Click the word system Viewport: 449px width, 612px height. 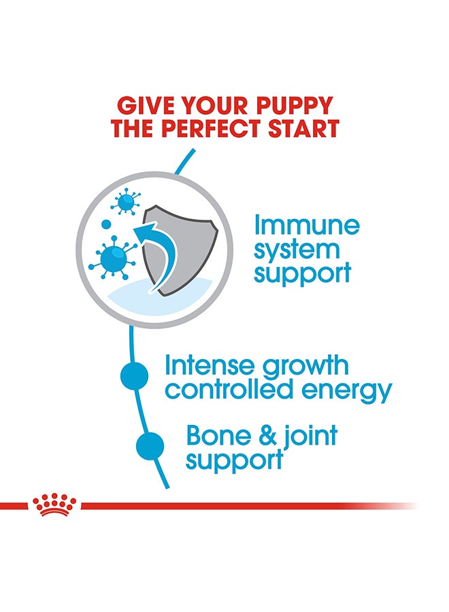point(297,250)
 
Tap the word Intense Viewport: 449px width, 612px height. point(210,365)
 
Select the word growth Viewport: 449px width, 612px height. point(305,367)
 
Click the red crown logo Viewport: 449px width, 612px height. point(54,505)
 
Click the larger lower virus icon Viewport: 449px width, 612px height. point(113,258)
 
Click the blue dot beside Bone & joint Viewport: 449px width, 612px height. point(150,445)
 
